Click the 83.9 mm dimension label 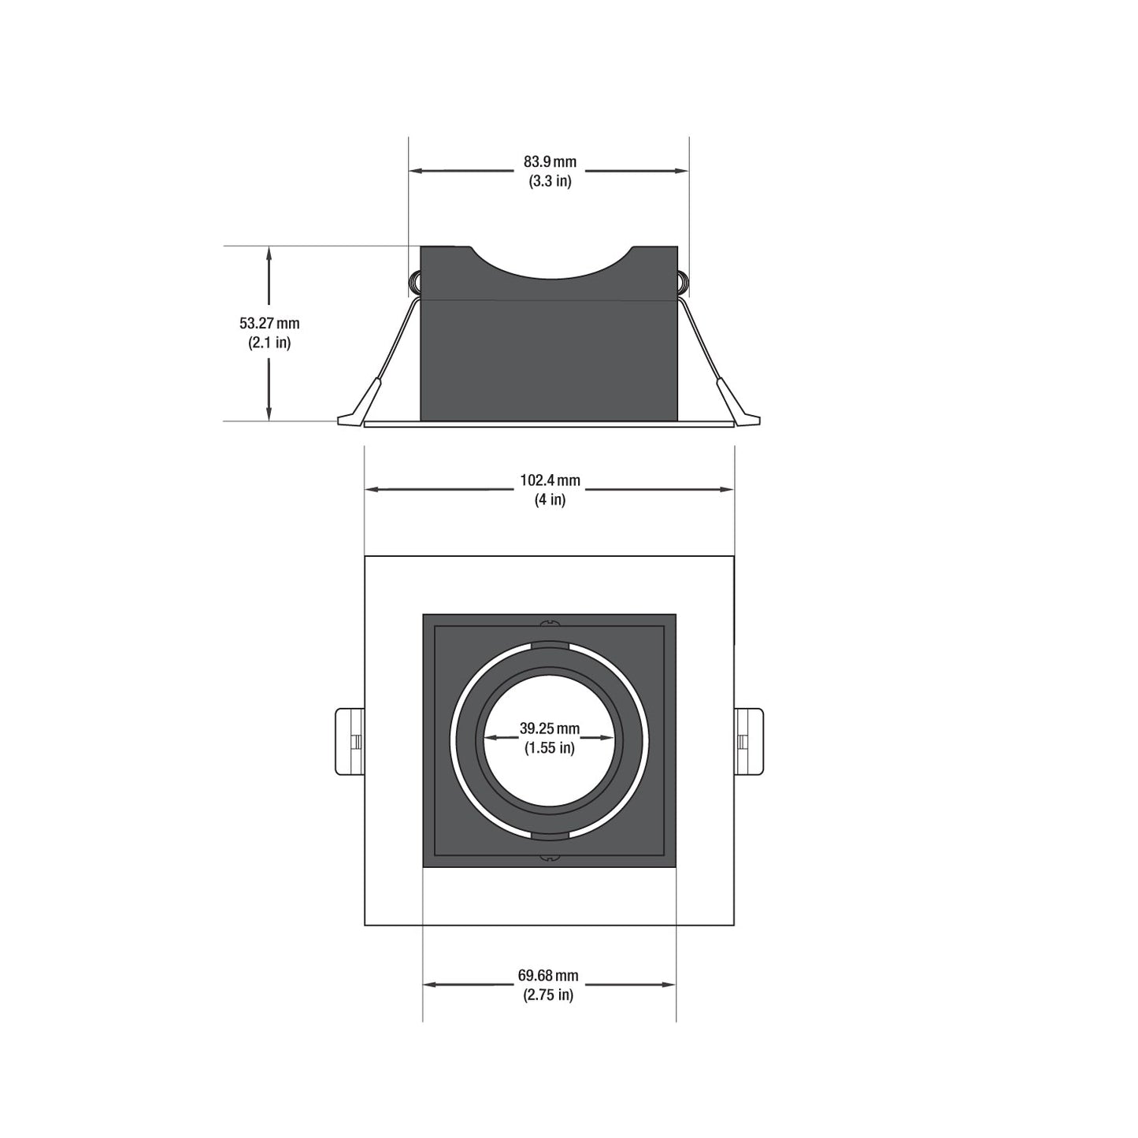pos(550,161)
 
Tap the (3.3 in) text pos(550,180)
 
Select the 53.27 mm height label pos(269,323)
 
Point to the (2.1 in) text pos(269,343)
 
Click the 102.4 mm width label pos(550,480)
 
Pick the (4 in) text pos(550,499)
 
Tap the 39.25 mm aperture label pos(549,728)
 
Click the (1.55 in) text pos(549,747)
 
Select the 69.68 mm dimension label pos(548,975)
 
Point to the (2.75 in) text pos(548,995)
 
